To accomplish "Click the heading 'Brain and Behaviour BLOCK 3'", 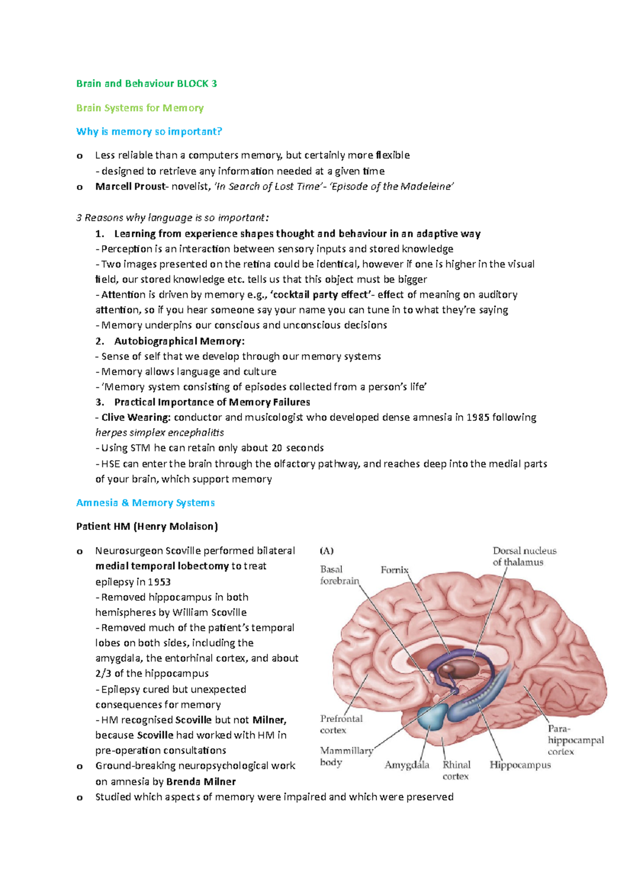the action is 146,83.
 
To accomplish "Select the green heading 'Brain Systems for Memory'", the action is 140,108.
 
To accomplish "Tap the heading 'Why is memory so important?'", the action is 149,131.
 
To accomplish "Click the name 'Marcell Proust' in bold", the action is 130,186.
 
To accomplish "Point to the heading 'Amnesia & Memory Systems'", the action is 145,503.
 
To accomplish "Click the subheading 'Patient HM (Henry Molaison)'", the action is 147,526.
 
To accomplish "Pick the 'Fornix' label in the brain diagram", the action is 394,569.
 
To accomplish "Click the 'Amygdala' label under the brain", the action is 407,765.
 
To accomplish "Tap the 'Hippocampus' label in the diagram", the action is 520,765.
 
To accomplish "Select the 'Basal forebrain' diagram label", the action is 339,575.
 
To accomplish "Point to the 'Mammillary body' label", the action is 346,756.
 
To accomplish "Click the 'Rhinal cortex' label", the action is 456,770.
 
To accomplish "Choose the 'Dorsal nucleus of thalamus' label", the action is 524,556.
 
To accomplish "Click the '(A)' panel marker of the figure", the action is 327,551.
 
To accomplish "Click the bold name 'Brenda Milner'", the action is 201,781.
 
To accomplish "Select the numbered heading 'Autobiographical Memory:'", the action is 179,341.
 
